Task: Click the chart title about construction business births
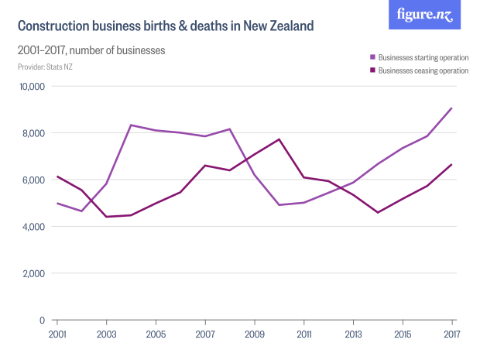(166, 26)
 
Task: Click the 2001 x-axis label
(57, 333)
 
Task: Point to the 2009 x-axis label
(255, 333)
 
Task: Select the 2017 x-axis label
(452, 333)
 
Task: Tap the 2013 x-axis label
(353, 333)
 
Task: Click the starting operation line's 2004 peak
(131, 125)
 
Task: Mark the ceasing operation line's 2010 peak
(279, 139)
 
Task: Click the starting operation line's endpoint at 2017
(452, 108)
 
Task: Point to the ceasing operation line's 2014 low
(378, 212)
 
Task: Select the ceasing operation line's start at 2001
(57, 177)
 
